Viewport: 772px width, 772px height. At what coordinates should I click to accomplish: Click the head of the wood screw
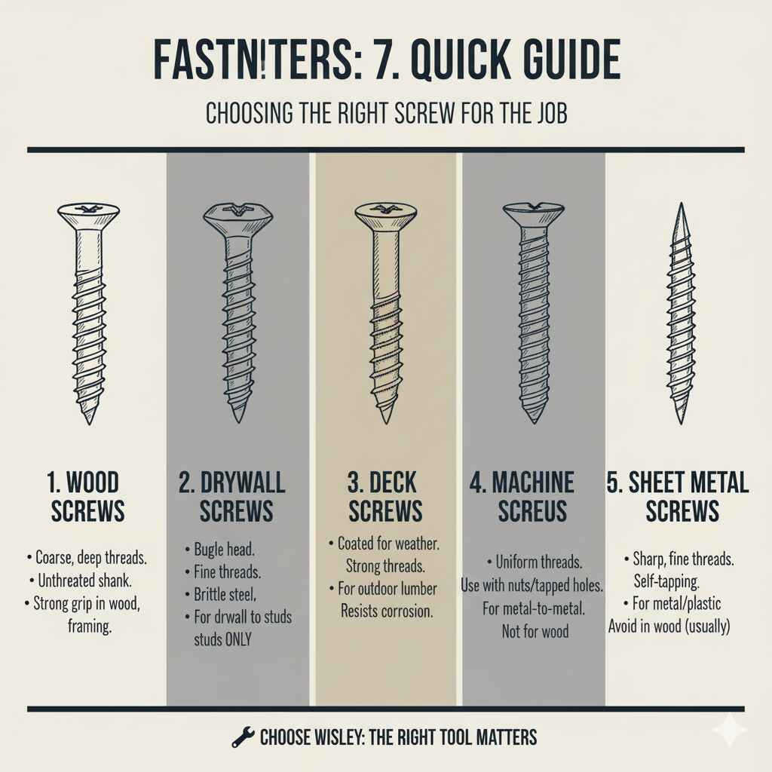88,214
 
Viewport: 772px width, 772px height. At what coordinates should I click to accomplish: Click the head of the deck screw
386,215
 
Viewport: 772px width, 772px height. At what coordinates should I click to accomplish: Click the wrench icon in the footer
241,737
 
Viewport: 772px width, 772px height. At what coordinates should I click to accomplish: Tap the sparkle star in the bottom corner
730,730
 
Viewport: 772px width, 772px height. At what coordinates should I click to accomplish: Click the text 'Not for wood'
535,631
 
